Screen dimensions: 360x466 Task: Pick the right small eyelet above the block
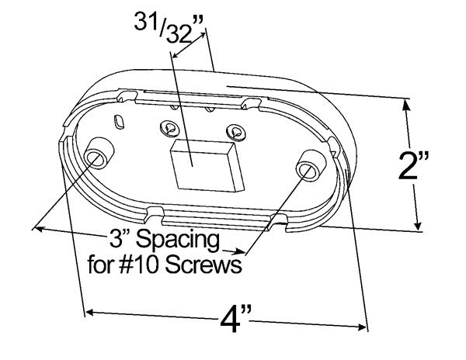point(231,132)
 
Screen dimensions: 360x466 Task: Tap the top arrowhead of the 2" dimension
point(407,106)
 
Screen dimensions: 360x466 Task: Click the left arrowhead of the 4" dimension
point(90,311)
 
